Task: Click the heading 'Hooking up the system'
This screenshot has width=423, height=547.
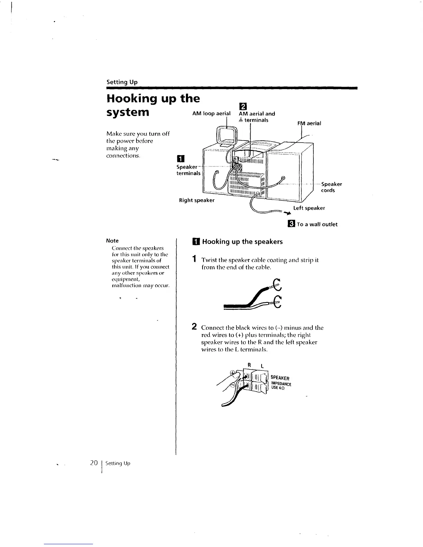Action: [153, 105]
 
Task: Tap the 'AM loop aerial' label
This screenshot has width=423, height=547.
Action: [211, 114]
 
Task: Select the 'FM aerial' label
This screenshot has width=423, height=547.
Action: [310, 123]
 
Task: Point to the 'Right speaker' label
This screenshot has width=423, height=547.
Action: [196, 200]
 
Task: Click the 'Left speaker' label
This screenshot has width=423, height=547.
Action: [309, 208]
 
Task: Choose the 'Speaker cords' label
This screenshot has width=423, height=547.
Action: [331, 187]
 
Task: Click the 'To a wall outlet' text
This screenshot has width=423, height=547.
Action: [317, 224]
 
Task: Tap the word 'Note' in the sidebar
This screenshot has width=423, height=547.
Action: [112, 241]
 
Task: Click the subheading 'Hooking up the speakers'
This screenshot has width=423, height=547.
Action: [242, 242]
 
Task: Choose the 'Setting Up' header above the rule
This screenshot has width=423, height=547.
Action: [122, 82]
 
